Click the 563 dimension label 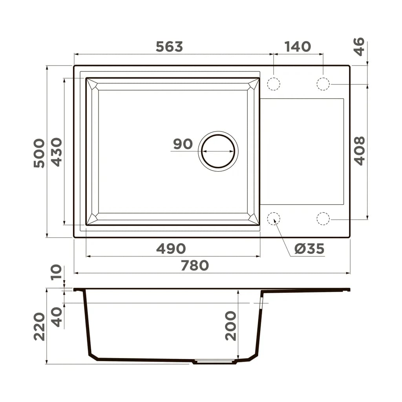pyautogui.click(x=169, y=47)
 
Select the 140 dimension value pyautogui.click(x=298, y=47)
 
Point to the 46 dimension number pyautogui.click(x=359, y=47)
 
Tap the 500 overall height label pyautogui.click(x=39, y=153)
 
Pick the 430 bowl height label pyautogui.click(x=57, y=152)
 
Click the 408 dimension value pyautogui.click(x=359, y=151)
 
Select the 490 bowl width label pyautogui.click(x=171, y=249)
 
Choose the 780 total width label pyautogui.click(x=195, y=265)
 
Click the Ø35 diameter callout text pyautogui.click(x=309, y=249)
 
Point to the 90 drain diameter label pyautogui.click(x=183, y=144)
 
